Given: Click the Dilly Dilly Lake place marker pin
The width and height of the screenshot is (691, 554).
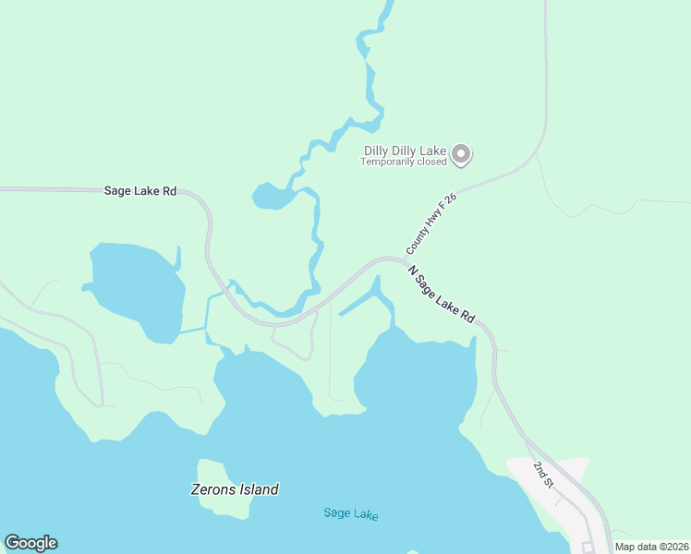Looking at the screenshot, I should pyautogui.click(x=463, y=153).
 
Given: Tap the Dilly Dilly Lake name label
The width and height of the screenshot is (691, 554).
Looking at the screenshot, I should pyautogui.click(x=405, y=150).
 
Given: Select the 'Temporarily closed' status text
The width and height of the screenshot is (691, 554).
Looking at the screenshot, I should pyautogui.click(x=404, y=162).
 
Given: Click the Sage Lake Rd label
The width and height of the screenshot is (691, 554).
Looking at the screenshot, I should pyautogui.click(x=139, y=191).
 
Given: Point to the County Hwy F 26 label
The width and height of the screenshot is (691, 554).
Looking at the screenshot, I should pyautogui.click(x=431, y=224).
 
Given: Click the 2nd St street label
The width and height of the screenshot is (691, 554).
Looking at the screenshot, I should pyautogui.click(x=543, y=473).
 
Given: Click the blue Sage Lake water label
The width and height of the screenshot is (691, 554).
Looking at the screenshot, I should pyautogui.click(x=351, y=514).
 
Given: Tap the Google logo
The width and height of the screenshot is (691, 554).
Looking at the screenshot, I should pyautogui.click(x=30, y=543).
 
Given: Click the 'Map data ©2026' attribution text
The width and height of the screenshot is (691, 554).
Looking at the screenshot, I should pyautogui.click(x=651, y=547).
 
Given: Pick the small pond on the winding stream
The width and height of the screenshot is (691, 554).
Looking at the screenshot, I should pyautogui.click(x=270, y=197).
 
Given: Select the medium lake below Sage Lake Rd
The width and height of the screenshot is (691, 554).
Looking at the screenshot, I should pyautogui.click(x=134, y=286).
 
